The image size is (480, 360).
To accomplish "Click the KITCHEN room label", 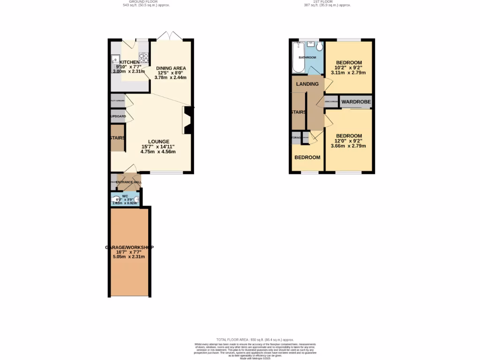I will (x=129, y=62).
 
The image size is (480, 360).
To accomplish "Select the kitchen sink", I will (x=115, y=60).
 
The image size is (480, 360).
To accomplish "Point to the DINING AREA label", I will (x=171, y=68).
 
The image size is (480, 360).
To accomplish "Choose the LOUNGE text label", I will (x=158, y=142).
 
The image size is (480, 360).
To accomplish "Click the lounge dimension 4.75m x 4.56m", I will (x=158, y=152).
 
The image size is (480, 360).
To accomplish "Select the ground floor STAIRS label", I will (x=117, y=138).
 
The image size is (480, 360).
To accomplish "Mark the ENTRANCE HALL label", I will (x=129, y=182).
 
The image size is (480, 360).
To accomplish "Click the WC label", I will (x=125, y=196).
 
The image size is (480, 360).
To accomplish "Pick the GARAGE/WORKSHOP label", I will (x=129, y=247).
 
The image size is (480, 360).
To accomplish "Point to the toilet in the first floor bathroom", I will (x=319, y=47).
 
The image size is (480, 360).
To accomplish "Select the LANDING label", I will (x=307, y=84).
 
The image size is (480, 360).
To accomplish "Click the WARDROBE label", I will (x=356, y=102).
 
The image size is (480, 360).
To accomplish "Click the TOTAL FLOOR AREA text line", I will (x=255, y=339).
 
